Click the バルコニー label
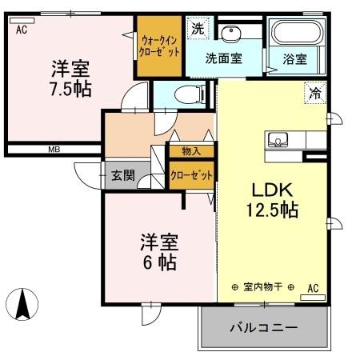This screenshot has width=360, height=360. coord(264,328)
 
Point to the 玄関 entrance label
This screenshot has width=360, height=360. coord(122,175)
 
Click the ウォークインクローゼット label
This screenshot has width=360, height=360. coord(160,45)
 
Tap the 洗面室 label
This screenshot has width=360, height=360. coord(223,58)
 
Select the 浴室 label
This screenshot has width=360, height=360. coord(295,58)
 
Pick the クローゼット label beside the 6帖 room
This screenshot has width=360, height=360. coord(190,175)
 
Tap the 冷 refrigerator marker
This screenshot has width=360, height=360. coord(316,94)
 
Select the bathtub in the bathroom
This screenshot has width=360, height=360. coord(297,34)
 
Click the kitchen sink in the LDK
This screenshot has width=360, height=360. coord(278,138)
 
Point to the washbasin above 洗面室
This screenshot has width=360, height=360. coord(232,34)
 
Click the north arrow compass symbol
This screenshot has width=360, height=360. coord(24,303)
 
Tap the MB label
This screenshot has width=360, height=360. coord(54,149)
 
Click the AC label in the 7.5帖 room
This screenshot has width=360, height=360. coord(21,30)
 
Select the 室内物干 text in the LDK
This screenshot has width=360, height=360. coord(262,287)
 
